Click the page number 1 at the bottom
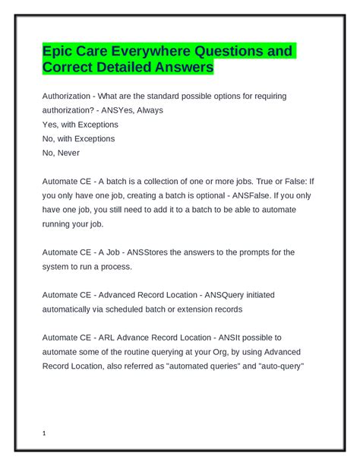(45, 434)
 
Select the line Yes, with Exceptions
(78, 125)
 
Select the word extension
(207, 309)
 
